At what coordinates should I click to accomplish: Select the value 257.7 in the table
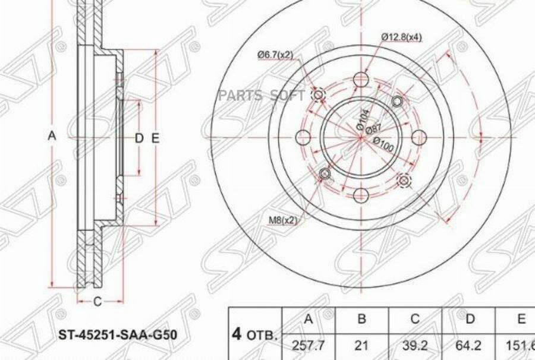point(308,345)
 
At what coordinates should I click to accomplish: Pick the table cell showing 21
point(361,345)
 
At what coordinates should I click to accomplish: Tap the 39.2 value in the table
point(415,345)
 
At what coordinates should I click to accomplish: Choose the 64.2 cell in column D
point(470,345)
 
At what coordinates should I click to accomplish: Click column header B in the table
point(361,320)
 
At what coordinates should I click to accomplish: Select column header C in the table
point(415,320)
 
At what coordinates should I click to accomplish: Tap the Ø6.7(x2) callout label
point(275,55)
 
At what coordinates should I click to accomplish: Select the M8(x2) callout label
point(282,220)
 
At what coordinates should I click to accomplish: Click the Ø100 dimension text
point(383,146)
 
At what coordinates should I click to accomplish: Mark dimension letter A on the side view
point(52,137)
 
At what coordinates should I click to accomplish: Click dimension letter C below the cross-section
point(98,302)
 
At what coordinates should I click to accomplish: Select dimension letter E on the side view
point(155,138)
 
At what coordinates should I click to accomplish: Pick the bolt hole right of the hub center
point(419,137)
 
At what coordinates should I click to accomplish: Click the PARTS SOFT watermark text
point(262,96)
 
